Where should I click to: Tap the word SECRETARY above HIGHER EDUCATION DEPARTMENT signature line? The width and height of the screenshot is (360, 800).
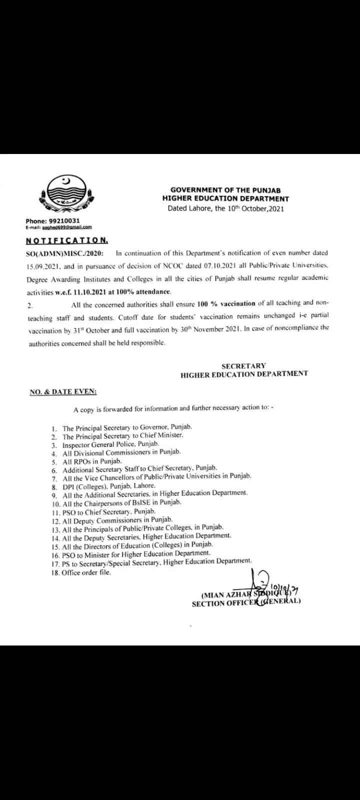coord(243,366)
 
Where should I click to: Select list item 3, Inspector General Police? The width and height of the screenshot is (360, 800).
coord(111,444)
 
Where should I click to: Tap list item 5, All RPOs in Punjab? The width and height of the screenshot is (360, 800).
coord(92,460)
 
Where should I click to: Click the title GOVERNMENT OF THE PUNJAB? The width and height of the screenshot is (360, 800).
coord(225,190)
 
